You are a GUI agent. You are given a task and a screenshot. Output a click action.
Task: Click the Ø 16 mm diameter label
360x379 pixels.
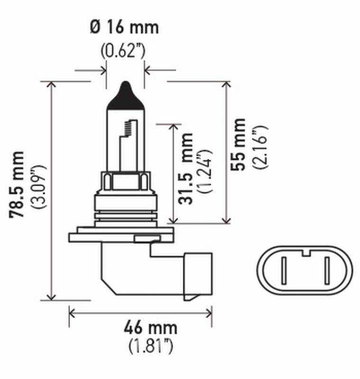[124, 27]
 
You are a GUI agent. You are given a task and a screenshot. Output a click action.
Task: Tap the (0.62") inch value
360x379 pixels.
[123, 50]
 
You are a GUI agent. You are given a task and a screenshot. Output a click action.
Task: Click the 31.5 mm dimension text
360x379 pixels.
[186, 169]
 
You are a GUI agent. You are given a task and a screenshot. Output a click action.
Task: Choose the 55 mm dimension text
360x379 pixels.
[239, 144]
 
